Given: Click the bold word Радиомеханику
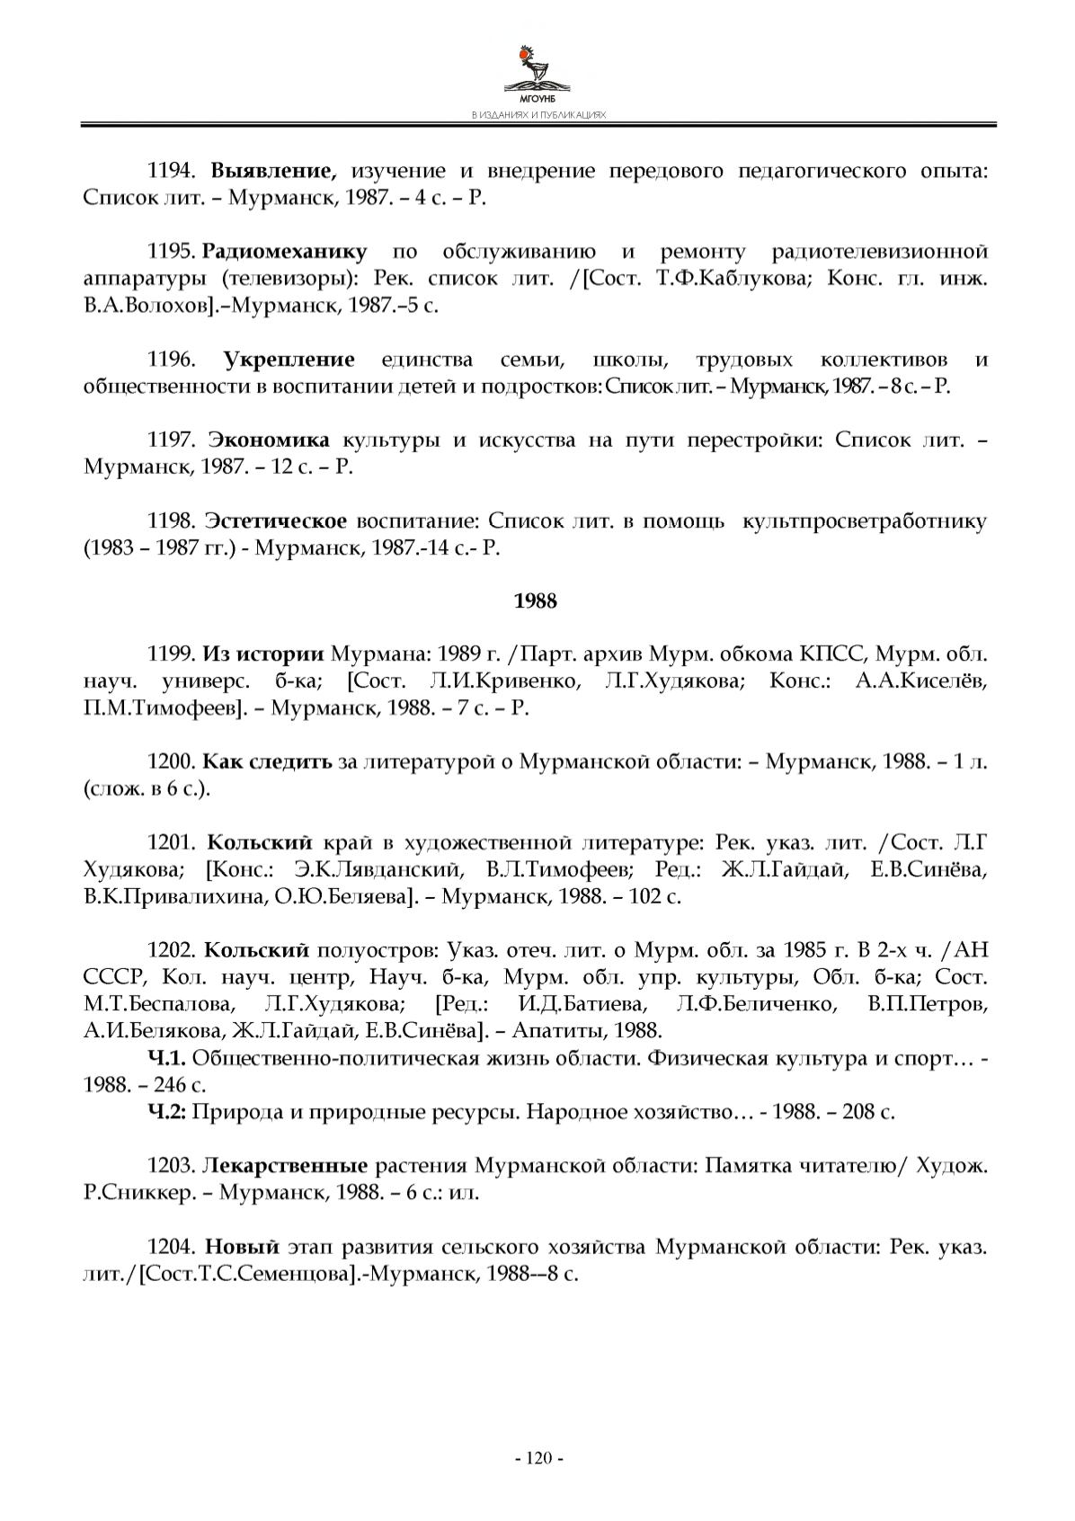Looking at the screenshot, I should click(285, 251).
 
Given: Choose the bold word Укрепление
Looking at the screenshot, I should click(289, 360).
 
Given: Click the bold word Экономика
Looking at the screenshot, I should click(270, 440).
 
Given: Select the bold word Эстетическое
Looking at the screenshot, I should click(276, 521).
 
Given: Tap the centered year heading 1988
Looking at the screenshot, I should click(536, 601).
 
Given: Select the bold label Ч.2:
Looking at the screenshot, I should click(166, 1111).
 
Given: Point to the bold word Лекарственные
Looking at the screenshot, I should click(285, 1166).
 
